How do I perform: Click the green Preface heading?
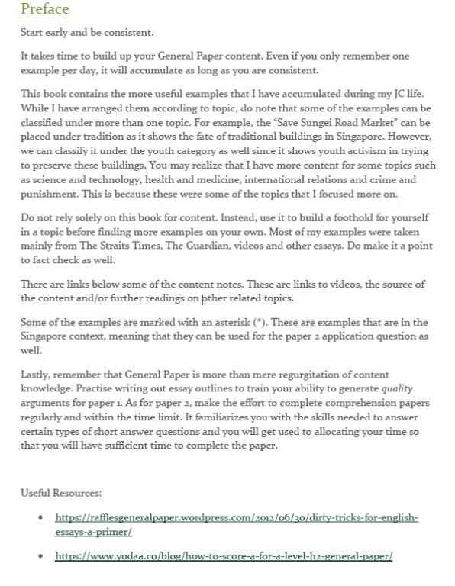click(x=45, y=9)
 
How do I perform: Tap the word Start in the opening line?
click(x=33, y=33)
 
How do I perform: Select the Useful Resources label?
click(x=62, y=493)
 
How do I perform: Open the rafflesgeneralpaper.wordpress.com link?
click(x=237, y=518)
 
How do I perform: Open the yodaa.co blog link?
click(x=223, y=557)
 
